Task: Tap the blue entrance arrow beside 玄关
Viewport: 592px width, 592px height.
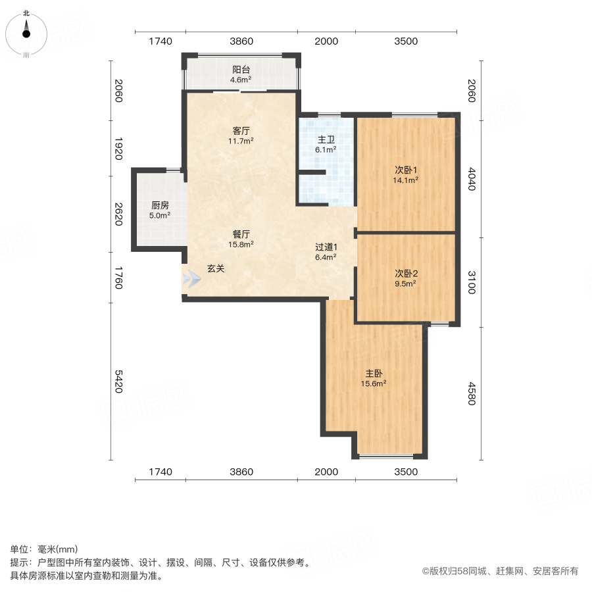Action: [x=191, y=279]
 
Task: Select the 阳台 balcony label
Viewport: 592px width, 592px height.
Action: [x=241, y=70]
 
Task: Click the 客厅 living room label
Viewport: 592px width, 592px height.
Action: [x=241, y=130]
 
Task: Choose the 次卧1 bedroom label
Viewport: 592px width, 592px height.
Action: [x=406, y=168]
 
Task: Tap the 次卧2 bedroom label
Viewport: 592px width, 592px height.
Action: [x=406, y=273]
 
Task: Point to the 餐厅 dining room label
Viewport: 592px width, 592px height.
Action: [x=241, y=234]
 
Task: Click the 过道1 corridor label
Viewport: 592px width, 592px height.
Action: [x=326, y=247]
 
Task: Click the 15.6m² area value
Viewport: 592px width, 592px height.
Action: [x=373, y=383]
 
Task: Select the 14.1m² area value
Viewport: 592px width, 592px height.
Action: [x=406, y=180]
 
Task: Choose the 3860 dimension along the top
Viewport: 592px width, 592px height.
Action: [x=241, y=41]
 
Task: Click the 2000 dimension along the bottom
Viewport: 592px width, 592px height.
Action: [x=326, y=472]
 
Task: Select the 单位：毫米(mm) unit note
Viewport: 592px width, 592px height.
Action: [x=44, y=549]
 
